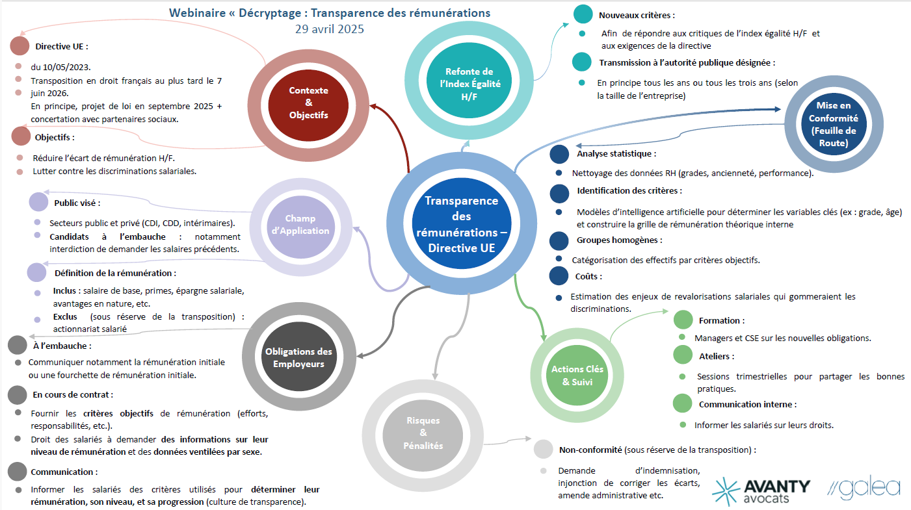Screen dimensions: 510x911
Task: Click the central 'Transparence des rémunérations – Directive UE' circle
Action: [x=461, y=224]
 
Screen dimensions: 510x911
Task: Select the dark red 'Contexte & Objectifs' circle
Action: [x=308, y=103]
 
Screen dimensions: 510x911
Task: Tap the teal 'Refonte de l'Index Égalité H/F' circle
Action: [x=469, y=83]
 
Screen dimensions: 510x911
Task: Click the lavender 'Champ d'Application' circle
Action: [x=298, y=225]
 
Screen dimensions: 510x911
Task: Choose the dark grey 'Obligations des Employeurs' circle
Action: [x=298, y=357]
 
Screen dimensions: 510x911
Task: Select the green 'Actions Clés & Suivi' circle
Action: [x=577, y=376]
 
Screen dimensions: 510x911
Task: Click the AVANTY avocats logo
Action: [x=761, y=491]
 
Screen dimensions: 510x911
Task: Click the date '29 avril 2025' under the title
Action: [x=329, y=29]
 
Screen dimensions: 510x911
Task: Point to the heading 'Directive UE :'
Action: [x=61, y=47]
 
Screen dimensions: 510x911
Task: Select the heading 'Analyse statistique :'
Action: [x=616, y=154]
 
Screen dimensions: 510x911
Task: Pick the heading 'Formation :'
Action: [x=721, y=320]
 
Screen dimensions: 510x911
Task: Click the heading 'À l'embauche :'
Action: [x=62, y=346]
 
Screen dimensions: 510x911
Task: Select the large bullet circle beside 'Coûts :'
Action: [x=559, y=276]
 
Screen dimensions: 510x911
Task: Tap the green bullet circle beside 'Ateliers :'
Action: [x=683, y=355]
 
